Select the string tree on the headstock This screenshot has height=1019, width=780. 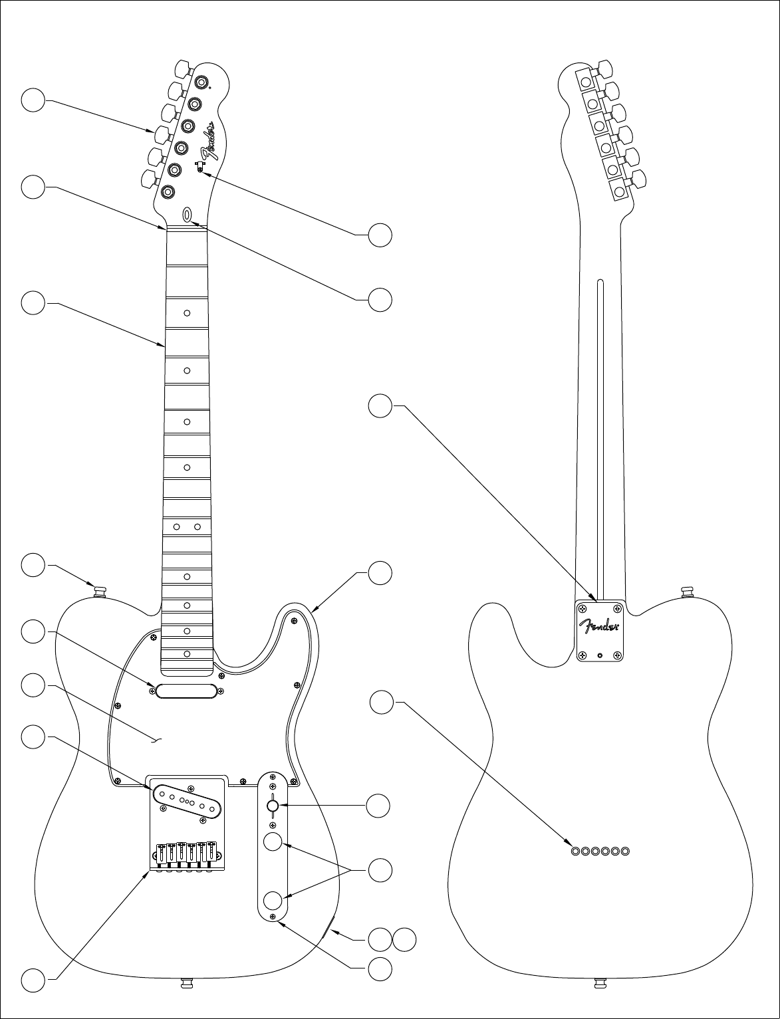pos(199,166)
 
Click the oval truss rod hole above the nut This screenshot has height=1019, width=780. pos(188,214)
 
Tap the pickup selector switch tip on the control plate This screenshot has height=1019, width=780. pos(273,806)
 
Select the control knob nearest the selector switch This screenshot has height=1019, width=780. pos(272,842)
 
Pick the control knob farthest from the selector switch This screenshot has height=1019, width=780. pos(272,901)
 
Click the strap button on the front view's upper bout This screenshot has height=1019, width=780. pos(101,590)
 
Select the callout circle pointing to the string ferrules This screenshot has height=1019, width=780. pos(382,703)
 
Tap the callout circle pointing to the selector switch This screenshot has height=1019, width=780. pos(379,806)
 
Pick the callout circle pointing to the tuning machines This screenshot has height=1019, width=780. pos(33,100)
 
